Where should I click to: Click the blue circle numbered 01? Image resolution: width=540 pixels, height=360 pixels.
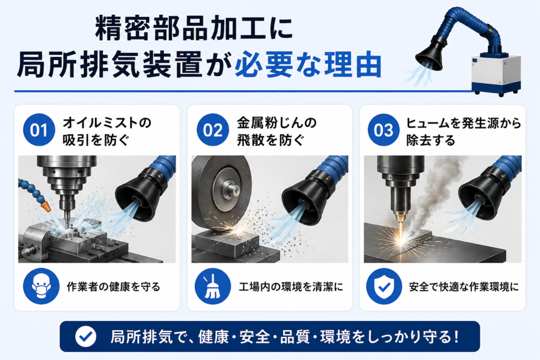click(x=39, y=130)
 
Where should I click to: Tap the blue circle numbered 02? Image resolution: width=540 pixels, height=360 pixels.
click(x=213, y=130)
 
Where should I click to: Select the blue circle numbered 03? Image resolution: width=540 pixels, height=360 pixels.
click(x=383, y=130)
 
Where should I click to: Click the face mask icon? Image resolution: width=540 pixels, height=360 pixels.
click(x=41, y=286)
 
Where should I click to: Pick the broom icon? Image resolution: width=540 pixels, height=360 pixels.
click(x=213, y=286)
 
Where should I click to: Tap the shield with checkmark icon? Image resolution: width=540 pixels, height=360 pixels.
click(x=384, y=286)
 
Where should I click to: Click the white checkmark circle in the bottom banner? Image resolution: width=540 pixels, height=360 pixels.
click(x=86, y=336)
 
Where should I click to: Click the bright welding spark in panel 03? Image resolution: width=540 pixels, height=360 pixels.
click(x=401, y=238)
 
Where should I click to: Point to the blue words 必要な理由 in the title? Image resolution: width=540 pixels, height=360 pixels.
click(x=308, y=64)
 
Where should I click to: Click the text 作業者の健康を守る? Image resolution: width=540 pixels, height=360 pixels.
click(x=114, y=286)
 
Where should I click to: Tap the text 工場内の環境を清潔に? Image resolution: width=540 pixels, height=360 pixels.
click(x=291, y=286)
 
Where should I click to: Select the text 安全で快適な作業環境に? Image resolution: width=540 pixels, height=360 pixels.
click(x=464, y=286)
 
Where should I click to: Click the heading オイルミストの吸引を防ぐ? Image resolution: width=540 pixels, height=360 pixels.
click(x=107, y=131)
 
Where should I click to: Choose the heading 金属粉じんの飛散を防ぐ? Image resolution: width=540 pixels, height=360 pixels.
click(x=276, y=131)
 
